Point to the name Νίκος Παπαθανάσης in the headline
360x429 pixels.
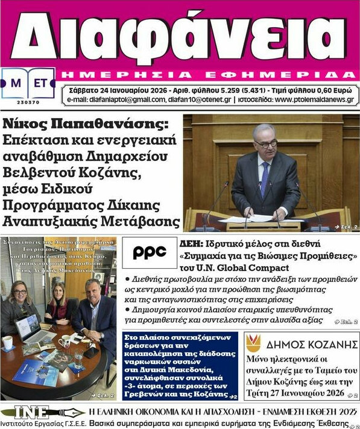tap(84, 125)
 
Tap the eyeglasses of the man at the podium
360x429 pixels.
tap(266, 143)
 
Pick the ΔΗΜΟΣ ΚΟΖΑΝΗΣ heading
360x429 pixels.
tap(308, 345)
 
